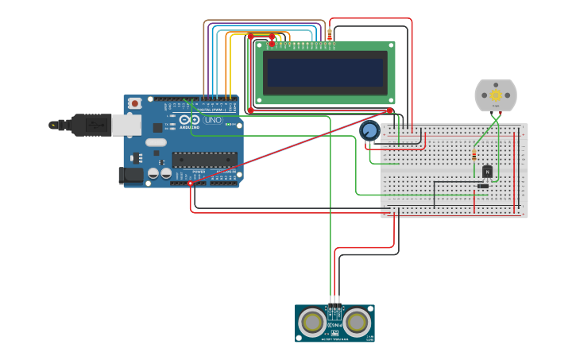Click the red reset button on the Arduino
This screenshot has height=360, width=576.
[135, 103]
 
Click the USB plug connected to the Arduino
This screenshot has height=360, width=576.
[83, 125]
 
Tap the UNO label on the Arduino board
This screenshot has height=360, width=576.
[214, 120]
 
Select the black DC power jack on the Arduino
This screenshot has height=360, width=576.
[130, 175]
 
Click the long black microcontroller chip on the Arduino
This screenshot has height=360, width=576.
[204, 160]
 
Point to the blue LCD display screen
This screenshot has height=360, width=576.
[326, 72]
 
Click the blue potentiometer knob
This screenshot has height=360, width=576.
[369, 130]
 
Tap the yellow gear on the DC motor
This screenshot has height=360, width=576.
[496, 95]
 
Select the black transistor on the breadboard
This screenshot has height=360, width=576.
[487, 171]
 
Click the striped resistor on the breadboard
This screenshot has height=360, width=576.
[474, 154]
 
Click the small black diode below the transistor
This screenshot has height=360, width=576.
[482, 186]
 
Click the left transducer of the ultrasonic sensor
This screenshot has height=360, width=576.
[313, 322]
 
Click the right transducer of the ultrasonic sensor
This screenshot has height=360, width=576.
[358, 322]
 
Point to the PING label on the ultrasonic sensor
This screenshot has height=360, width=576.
[334, 324]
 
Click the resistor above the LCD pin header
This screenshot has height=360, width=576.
[330, 34]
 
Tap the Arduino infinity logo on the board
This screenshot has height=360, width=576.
[189, 120]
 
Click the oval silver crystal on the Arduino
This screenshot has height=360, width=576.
[157, 142]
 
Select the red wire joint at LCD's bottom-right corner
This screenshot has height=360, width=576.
[390, 110]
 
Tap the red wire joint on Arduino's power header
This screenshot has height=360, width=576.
[191, 184]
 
